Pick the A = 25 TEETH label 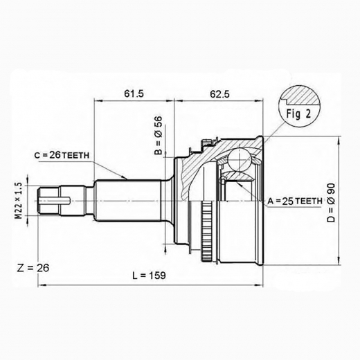(x=294, y=201)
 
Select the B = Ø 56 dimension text (x=158, y=136)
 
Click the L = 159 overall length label (x=149, y=276)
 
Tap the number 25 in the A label (x=285, y=201)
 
